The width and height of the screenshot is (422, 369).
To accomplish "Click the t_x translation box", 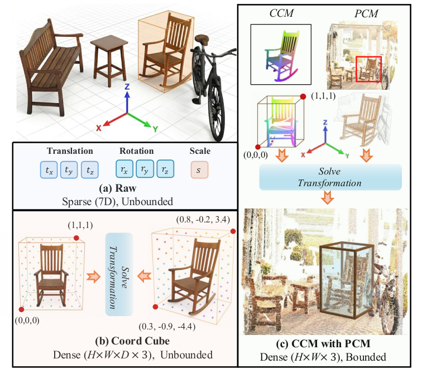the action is coord(49,169).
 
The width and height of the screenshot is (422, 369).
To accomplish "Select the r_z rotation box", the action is coord(165,169).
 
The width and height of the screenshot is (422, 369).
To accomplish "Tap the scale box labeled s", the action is coord(199,169).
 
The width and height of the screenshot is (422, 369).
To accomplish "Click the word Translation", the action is coord(70,150).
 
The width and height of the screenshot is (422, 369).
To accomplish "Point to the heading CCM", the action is coord(281,13).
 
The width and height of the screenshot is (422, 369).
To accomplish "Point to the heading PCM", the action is coord(366,13).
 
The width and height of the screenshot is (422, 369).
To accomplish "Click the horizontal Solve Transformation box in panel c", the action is coord(330,177).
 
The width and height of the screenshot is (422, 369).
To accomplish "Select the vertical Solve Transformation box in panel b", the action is coord(119,274).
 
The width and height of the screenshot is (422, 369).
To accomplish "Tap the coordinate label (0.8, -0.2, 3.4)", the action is coord(203,220).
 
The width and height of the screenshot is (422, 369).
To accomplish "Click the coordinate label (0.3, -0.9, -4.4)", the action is coord(167,327).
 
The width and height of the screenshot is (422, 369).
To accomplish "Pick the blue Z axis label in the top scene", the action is coord(127,86).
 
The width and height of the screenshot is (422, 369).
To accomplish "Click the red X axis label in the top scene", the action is coord(99,128).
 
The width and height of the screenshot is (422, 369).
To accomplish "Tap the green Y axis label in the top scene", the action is coord(155,129).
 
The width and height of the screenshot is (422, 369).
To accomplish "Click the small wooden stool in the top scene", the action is coord(109,60).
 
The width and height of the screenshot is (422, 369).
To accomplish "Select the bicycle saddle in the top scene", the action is coord(203,38).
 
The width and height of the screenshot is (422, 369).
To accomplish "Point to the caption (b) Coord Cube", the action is coord(132,341).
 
